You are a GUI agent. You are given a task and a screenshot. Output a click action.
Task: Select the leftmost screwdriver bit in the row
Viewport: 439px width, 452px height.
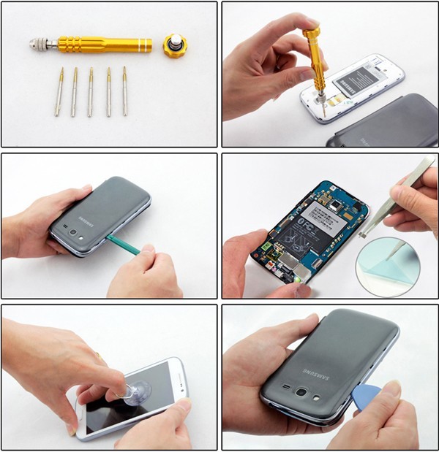tap(59, 91)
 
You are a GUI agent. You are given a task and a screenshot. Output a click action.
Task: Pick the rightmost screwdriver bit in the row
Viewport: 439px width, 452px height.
tap(124, 91)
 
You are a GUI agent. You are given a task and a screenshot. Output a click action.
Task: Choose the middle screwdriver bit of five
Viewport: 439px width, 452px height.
tap(91, 91)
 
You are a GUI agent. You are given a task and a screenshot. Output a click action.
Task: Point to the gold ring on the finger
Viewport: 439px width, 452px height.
tap(97, 356)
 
